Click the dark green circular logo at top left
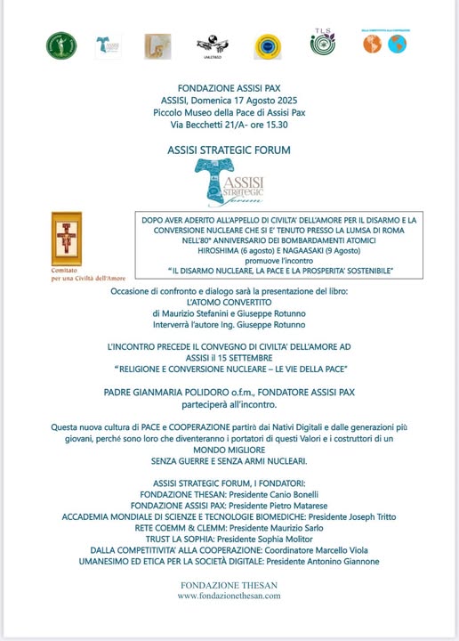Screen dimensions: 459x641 coord(61,45)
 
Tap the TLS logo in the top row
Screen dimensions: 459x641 coord(322,42)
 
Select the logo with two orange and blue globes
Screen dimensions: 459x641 coord(383,42)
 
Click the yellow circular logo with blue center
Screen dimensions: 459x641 coord(268,45)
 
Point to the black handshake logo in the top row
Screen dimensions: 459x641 coord(212,43)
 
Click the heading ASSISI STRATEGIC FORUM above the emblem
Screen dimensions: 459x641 coord(229,150)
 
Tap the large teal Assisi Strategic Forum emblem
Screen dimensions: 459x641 coord(229,183)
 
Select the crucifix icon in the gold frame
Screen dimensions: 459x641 coord(67,239)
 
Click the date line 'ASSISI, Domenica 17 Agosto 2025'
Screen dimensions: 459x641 coord(229,101)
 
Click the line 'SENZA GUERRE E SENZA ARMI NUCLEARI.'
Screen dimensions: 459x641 coord(229,460)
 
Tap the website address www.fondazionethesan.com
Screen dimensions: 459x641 coord(229,596)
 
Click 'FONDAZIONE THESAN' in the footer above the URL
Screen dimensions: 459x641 coord(229,585)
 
